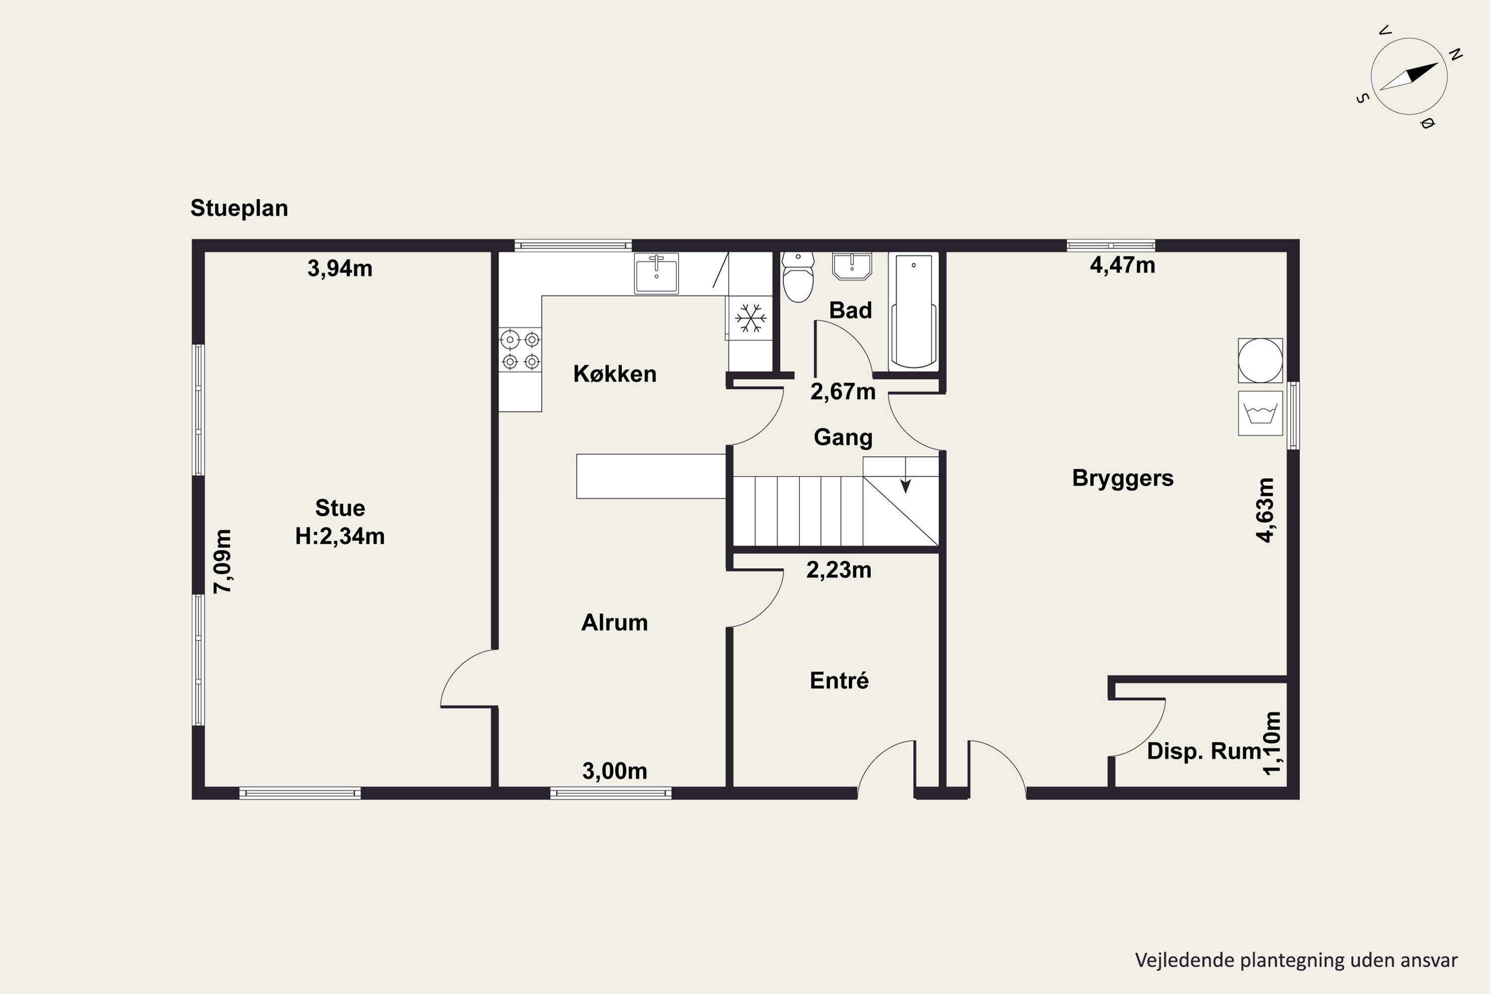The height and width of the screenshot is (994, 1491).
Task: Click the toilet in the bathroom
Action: tap(798, 276)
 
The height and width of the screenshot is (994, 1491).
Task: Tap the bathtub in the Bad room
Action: tap(913, 311)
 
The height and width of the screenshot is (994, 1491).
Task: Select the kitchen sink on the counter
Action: tap(656, 273)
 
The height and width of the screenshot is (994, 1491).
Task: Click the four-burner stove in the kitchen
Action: tap(520, 350)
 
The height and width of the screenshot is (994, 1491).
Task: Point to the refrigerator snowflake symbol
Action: tap(750, 318)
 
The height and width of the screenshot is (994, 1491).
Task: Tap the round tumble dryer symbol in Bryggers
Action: tap(1260, 360)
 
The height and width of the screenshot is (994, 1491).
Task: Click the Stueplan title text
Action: tap(239, 208)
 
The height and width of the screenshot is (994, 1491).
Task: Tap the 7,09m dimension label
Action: tap(223, 561)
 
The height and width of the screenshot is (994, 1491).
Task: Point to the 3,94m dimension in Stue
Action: tap(340, 268)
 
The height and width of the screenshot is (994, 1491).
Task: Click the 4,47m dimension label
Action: tap(1122, 265)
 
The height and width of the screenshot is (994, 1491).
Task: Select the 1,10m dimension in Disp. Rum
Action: tap(1272, 743)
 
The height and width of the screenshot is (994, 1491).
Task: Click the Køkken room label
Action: tap(614, 374)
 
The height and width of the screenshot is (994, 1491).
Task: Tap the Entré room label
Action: tap(839, 680)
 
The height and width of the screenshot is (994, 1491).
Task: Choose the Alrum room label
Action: tap(614, 623)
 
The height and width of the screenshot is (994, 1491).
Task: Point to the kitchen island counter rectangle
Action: tap(651, 476)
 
